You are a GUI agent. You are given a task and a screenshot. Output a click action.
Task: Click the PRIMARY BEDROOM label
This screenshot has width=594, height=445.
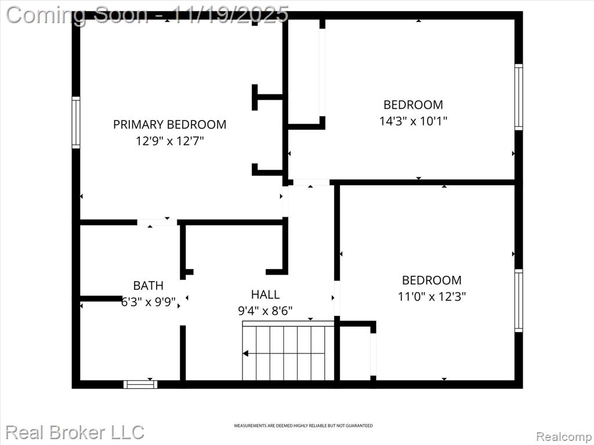(170, 125)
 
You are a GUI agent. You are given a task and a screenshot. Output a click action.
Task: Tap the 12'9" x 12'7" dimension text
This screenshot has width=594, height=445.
(170, 141)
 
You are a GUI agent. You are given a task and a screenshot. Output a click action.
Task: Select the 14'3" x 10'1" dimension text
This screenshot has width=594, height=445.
(413, 121)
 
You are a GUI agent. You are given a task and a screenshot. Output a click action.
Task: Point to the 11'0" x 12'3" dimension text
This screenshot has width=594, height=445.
(432, 296)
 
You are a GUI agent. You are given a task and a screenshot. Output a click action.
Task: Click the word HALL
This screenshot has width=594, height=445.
(265, 294)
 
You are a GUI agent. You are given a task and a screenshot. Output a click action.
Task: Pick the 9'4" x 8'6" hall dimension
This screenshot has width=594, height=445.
(265, 311)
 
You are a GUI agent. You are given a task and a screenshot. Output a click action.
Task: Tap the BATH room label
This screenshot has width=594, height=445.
(148, 285)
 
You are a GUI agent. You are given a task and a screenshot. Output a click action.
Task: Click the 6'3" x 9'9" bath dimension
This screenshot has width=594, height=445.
(148, 302)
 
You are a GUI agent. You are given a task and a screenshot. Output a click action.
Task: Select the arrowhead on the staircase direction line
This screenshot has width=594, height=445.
(245, 354)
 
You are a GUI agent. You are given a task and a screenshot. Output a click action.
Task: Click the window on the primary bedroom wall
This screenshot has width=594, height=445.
(76, 122)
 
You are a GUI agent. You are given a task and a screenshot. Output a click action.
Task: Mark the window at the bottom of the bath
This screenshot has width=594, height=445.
(140, 385)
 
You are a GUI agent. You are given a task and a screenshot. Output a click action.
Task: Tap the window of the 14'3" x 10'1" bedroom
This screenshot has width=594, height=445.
(519, 97)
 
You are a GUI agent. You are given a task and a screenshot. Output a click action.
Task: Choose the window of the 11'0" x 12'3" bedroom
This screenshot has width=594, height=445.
(519, 301)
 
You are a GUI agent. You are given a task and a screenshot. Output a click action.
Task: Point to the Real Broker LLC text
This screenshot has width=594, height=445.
(75, 432)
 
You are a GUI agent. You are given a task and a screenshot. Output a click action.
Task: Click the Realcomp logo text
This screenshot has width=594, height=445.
(564, 437)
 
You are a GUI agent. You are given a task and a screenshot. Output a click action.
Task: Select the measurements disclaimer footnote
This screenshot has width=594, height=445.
(303, 426)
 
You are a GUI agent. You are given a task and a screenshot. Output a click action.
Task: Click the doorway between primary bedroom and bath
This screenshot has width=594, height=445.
(157, 222)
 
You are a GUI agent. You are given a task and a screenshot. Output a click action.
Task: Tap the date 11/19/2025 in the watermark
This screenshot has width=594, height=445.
(231, 14)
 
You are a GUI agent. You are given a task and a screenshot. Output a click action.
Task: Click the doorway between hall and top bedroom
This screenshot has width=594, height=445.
(312, 182)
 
